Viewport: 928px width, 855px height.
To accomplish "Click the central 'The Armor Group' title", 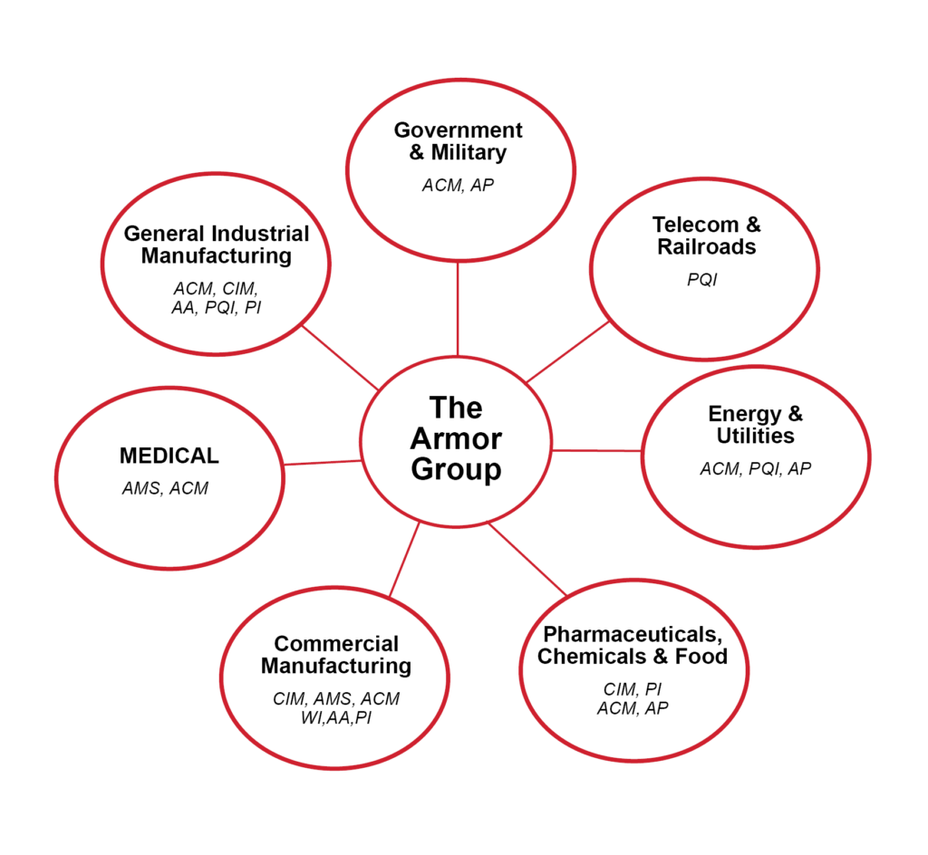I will (x=456, y=439).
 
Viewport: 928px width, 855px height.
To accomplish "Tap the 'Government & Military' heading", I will (x=458, y=141).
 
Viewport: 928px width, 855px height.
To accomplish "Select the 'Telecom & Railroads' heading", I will (x=707, y=235).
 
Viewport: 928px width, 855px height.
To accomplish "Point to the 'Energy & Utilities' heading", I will (x=756, y=425).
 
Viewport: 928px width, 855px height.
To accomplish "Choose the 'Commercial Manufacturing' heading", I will (x=336, y=655).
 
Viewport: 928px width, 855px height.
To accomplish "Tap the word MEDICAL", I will (x=169, y=456).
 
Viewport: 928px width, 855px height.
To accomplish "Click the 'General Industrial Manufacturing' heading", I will (x=217, y=245).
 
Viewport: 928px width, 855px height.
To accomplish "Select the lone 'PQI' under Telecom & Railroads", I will (x=701, y=280).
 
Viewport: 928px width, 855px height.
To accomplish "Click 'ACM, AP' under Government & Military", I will (x=458, y=185).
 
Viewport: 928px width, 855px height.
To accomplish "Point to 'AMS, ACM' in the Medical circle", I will (x=165, y=488).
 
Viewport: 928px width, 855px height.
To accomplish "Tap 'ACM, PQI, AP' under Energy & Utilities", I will (x=755, y=469).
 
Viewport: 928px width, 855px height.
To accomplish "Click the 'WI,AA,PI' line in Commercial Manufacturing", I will (x=335, y=718).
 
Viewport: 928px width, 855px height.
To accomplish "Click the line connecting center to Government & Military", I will (x=458, y=308).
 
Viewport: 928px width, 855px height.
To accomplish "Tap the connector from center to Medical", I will (x=323, y=462).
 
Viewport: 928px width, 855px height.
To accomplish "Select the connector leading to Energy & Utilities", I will (x=597, y=450).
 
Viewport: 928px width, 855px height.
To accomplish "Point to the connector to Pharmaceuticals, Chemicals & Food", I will (x=527, y=559).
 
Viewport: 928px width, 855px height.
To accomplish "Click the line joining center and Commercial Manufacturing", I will (x=404, y=559).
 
